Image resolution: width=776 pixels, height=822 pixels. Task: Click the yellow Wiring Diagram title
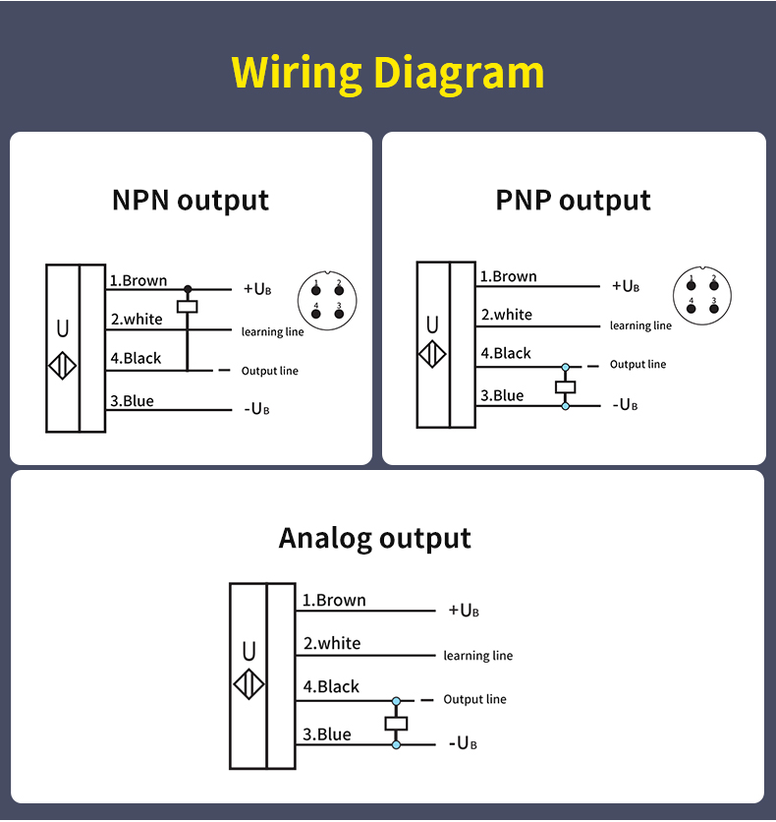pyautogui.click(x=388, y=73)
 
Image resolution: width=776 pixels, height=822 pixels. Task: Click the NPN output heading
pyautogui.click(x=191, y=201)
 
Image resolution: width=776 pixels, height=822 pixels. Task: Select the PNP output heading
pyautogui.click(x=573, y=201)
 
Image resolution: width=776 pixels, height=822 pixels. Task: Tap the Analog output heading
pyautogui.click(x=374, y=539)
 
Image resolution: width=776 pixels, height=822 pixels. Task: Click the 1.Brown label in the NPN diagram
pyautogui.click(x=139, y=281)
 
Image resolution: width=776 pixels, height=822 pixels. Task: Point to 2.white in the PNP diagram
pyautogui.click(x=507, y=316)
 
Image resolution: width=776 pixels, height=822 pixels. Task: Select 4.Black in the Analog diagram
pyautogui.click(x=331, y=687)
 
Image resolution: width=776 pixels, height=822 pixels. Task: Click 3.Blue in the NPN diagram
pyautogui.click(x=132, y=401)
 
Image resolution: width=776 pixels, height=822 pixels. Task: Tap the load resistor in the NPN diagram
pyautogui.click(x=187, y=307)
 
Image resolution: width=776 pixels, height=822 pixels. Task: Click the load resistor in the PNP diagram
pyautogui.click(x=565, y=386)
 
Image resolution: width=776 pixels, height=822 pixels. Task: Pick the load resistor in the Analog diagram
pyautogui.click(x=396, y=724)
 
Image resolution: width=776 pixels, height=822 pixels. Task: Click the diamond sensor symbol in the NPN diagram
pyautogui.click(x=62, y=365)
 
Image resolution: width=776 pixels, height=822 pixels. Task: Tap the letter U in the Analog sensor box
pyautogui.click(x=249, y=651)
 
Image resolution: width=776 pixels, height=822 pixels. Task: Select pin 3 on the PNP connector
pyautogui.click(x=714, y=308)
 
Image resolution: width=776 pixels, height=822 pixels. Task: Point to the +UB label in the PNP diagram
pyautogui.click(x=626, y=286)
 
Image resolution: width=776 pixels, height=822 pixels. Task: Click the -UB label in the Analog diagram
pyautogui.click(x=464, y=743)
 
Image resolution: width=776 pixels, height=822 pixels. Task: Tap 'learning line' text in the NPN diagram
pyautogui.click(x=273, y=332)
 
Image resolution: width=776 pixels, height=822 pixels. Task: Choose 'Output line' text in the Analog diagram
pyautogui.click(x=474, y=699)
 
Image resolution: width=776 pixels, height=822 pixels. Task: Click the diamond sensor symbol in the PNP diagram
pyautogui.click(x=432, y=353)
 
